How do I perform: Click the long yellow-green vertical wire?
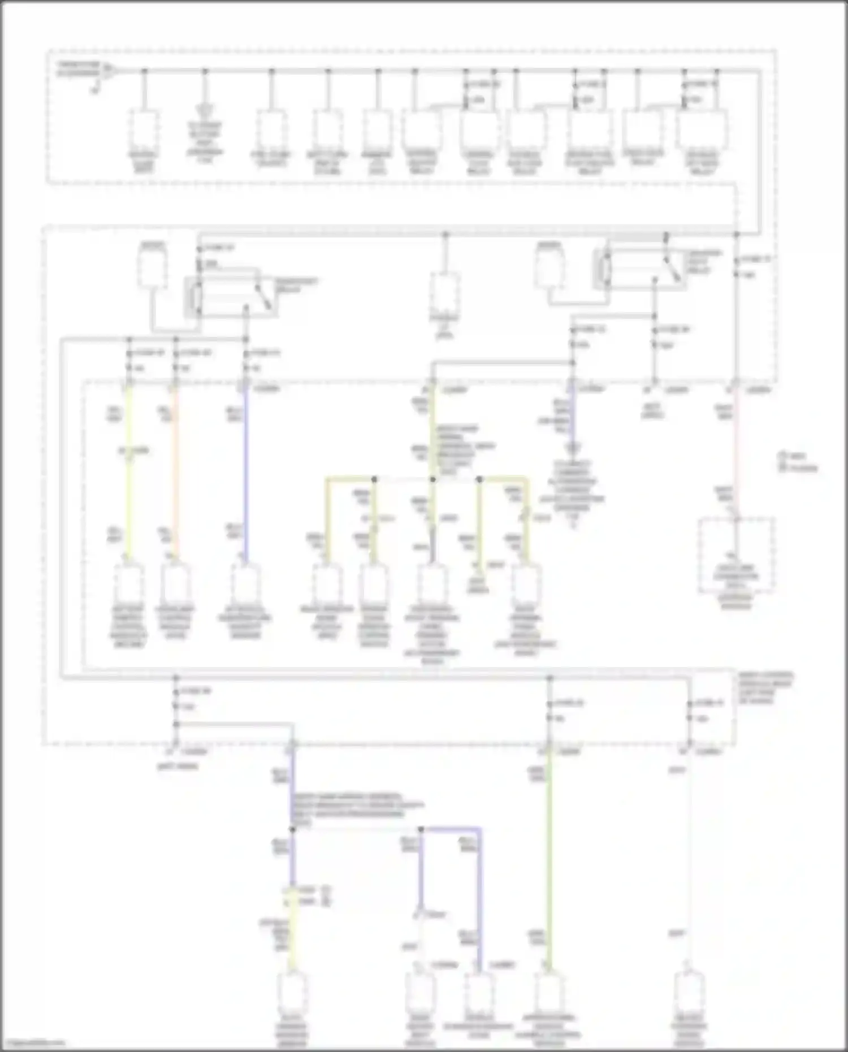(x=128, y=475)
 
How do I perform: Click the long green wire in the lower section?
(x=549, y=859)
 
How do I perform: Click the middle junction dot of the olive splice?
(x=432, y=479)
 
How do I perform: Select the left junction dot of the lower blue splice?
(x=292, y=829)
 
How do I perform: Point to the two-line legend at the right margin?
(x=798, y=461)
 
